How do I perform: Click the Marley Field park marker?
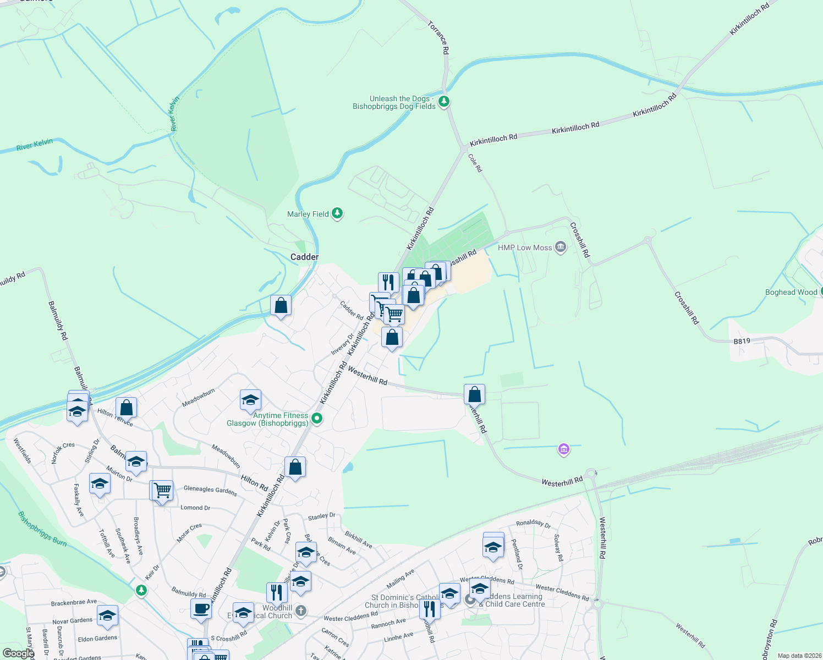[337, 213]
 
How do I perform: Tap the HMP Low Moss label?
[524, 248]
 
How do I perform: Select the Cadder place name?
[304, 257]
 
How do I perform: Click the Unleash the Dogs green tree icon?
[444, 101]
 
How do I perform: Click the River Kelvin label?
[35, 145]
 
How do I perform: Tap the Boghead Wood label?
[791, 292]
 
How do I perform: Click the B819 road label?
[742, 341]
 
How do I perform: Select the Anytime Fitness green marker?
[316, 419]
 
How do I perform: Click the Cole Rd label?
[475, 163]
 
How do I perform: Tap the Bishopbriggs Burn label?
[42, 529]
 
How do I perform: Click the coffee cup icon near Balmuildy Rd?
[201, 609]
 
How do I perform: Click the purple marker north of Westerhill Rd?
[563, 449]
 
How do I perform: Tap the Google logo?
[18, 653]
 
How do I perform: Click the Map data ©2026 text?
[798, 656]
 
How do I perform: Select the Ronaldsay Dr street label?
[533, 524]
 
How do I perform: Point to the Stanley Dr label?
[321, 516]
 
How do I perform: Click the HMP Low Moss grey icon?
[560, 247]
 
